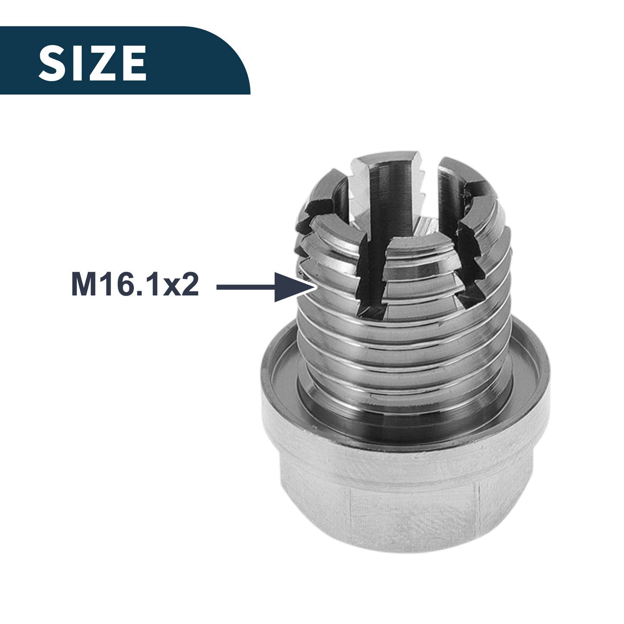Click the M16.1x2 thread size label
click(135, 285)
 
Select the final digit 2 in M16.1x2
click(190, 285)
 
